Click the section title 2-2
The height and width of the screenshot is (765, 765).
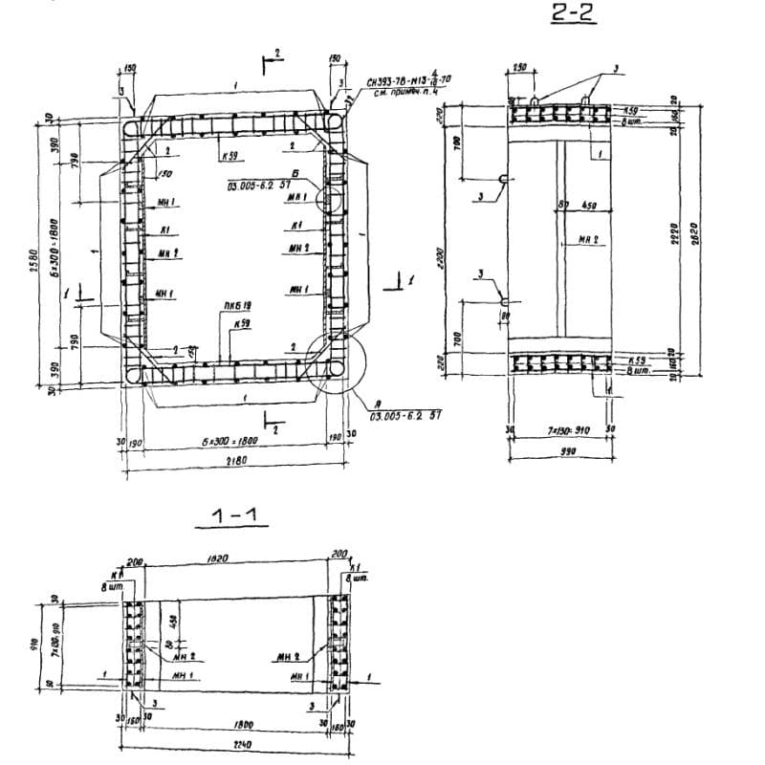573,15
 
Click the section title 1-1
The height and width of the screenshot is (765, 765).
239,517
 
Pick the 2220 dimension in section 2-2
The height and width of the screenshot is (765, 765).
674,232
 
